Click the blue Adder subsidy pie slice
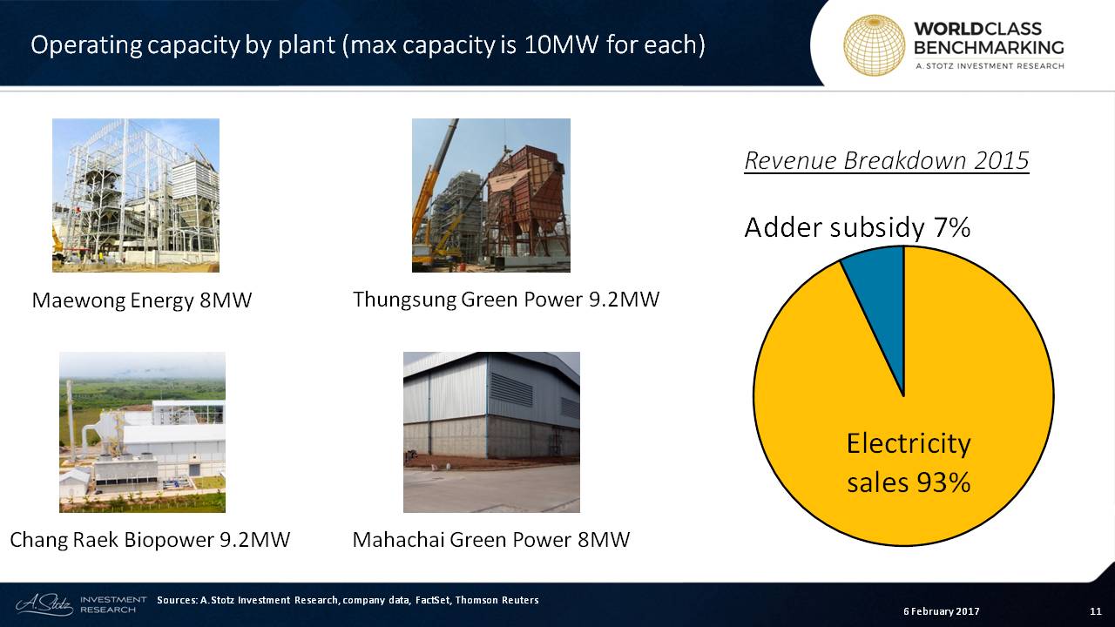pyautogui.click(x=881, y=299)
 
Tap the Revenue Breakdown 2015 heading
pyautogui.click(x=887, y=161)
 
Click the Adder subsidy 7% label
pyautogui.click(x=857, y=228)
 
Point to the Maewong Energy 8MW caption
pyautogui.click(x=142, y=300)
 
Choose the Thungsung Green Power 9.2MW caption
pyautogui.click(x=506, y=300)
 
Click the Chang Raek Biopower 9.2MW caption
pyautogui.click(x=150, y=540)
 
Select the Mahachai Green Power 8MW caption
pyautogui.click(x=491, y=540)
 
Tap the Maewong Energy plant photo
pyautogui.click(x=136, y=195)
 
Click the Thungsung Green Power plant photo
pyautogui.click(x=491, y=195)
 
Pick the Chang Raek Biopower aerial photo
pyautogui.click(x=142, y=433)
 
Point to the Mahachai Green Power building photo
pyautogui.click(x=492, y=433)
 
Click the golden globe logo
pyautogui.click(x=874, y=44)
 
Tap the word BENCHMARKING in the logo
pyautogui.click(x=989, y=48)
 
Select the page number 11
pyautogui.click(x=1096, y=611)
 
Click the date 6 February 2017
pyautogui.click(x=942, y=611)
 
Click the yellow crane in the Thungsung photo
pyautogui.click(x=433, y=199)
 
